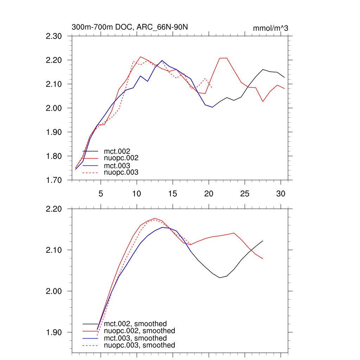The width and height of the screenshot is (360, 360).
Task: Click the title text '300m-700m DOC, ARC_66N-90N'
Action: (132, 27)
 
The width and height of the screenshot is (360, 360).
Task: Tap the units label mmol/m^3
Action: (270, 28)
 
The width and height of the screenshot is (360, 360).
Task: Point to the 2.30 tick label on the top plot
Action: (54, 36)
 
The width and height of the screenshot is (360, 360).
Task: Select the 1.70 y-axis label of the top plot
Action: (54, 180)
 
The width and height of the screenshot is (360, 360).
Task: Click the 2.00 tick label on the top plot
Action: (54, 108)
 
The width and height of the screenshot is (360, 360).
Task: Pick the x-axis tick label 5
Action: (101, 193)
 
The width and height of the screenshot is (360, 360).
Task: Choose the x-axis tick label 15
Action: (172, 193)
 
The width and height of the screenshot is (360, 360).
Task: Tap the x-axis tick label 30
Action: (280, 193)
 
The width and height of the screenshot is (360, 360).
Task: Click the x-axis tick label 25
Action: (244, 193)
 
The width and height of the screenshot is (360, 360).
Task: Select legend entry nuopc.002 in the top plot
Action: (119, 158)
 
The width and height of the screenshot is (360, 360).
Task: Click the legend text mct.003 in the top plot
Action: (115, 166)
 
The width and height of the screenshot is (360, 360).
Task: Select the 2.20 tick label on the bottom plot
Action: (54, 209)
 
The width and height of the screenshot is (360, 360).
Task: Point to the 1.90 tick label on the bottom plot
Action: (54, 332)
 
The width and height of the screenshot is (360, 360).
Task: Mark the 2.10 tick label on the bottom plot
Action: (54, 250)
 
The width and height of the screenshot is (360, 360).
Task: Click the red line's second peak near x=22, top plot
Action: (223, 58)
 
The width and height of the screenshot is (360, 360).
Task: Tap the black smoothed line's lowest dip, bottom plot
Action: (220, 278)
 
